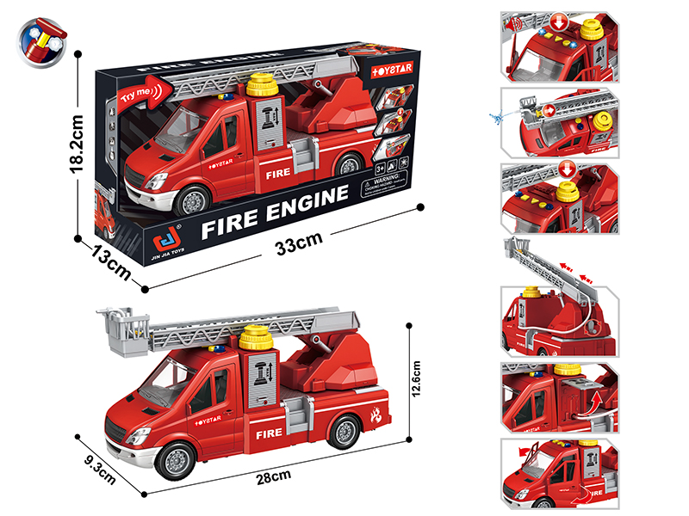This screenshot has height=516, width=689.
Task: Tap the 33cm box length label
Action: pos(293,244)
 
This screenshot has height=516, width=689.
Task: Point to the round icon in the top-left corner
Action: pos(41,40)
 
